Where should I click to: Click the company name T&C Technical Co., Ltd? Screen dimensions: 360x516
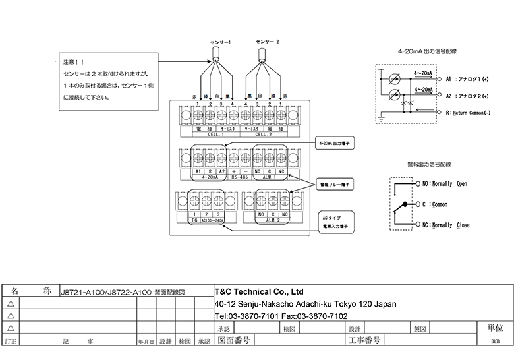tap(259, 291)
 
